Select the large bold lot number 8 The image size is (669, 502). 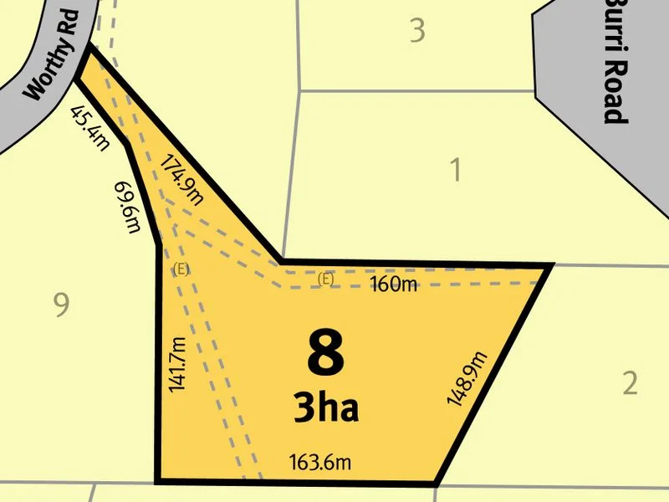click(325, 355)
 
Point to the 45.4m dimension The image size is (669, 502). click(89, 128)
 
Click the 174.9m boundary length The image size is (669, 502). click(181, 179)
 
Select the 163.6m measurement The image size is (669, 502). click(319, 462)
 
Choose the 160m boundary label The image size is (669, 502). click(393, 285)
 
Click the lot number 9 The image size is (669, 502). click(60, 306)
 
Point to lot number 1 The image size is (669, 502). click(456, 171)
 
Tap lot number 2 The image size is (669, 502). click(630, 383)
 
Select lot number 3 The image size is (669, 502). click(417, 31)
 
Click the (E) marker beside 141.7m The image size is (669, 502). click(180, 269)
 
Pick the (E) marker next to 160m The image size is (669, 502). click(325, 279)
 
